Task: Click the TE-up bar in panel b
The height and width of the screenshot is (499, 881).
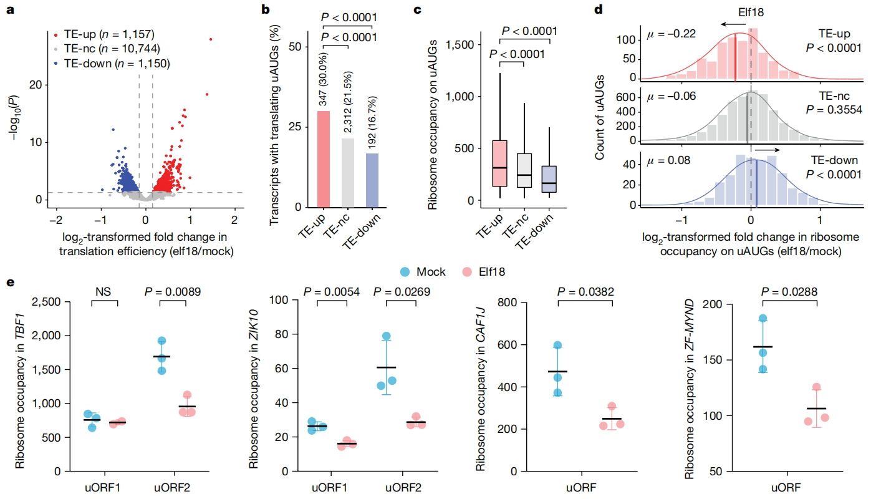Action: pos(324,159)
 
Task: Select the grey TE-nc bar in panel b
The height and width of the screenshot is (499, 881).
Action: pos(348,173)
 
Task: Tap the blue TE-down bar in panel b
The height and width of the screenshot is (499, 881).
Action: pos(372,180)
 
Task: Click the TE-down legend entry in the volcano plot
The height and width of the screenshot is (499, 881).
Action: pos(112,64)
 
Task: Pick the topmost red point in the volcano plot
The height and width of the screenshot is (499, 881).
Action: pos(211,39)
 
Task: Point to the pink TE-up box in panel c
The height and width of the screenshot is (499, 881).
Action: pos(499,163)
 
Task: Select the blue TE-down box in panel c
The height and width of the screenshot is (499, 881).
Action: pos(549,179)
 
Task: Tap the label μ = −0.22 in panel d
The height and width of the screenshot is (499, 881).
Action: pos(671,34)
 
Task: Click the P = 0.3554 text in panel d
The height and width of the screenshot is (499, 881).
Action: pos(834,109)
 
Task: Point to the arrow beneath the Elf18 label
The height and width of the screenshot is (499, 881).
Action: pos(733,24)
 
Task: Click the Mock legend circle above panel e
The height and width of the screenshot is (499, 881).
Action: pos(405,272)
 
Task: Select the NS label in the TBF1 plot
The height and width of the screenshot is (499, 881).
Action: pos(103,292)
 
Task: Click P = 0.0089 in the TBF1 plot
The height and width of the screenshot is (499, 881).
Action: pos(172,292)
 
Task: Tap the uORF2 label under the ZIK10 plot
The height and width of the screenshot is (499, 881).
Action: pos(403,488)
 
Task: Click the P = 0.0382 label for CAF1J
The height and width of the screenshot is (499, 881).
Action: pos(585,292)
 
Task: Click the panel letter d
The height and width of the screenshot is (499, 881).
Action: pos(599,9)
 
